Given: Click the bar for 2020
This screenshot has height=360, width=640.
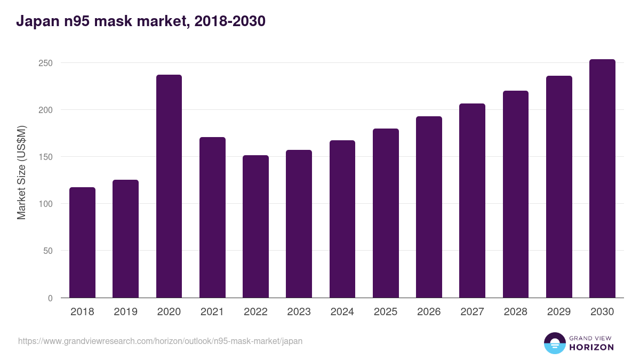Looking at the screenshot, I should coord(169,186).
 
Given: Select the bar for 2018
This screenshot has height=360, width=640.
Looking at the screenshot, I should coord(82,243).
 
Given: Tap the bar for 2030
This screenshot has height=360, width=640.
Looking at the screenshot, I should coord(602,179).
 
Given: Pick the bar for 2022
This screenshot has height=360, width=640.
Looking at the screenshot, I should coord(255,227).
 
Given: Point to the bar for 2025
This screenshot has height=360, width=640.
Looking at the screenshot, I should coord(386,213).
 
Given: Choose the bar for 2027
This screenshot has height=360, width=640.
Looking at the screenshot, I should coord(472,201).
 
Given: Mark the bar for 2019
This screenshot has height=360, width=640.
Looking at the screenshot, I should coord(125,239).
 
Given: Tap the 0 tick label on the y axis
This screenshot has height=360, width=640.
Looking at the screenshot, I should coord(50,298).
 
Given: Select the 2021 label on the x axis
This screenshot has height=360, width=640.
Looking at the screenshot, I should coord(212,312).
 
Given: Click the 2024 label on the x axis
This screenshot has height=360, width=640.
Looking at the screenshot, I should coord(342,312).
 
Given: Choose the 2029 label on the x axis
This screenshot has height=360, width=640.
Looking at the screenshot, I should coord(559,312).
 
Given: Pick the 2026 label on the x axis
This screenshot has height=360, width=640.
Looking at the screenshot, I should coord(429,312).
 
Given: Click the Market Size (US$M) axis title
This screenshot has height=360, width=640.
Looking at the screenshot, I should coord(21,172).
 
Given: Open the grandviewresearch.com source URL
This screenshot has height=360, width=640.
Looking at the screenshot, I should coord(160,341).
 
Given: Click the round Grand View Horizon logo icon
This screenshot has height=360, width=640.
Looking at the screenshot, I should coord(555,343).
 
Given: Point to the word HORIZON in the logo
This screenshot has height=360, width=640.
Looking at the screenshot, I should coord(591,347).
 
